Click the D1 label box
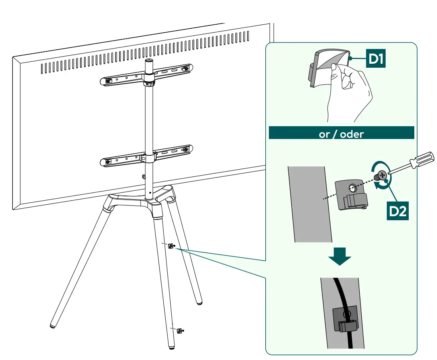(375, 58)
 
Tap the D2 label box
(398, 211)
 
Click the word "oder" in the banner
(352, 134)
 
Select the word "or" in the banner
(324, 135)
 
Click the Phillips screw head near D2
(382, 175)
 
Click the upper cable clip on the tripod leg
(171, 246)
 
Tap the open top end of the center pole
(149, 61)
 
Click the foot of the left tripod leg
(53, 325)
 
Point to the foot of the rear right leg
(199, 303)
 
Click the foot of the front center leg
(172, 347)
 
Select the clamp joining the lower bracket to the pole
(148, 158)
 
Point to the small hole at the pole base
(150, 192)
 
